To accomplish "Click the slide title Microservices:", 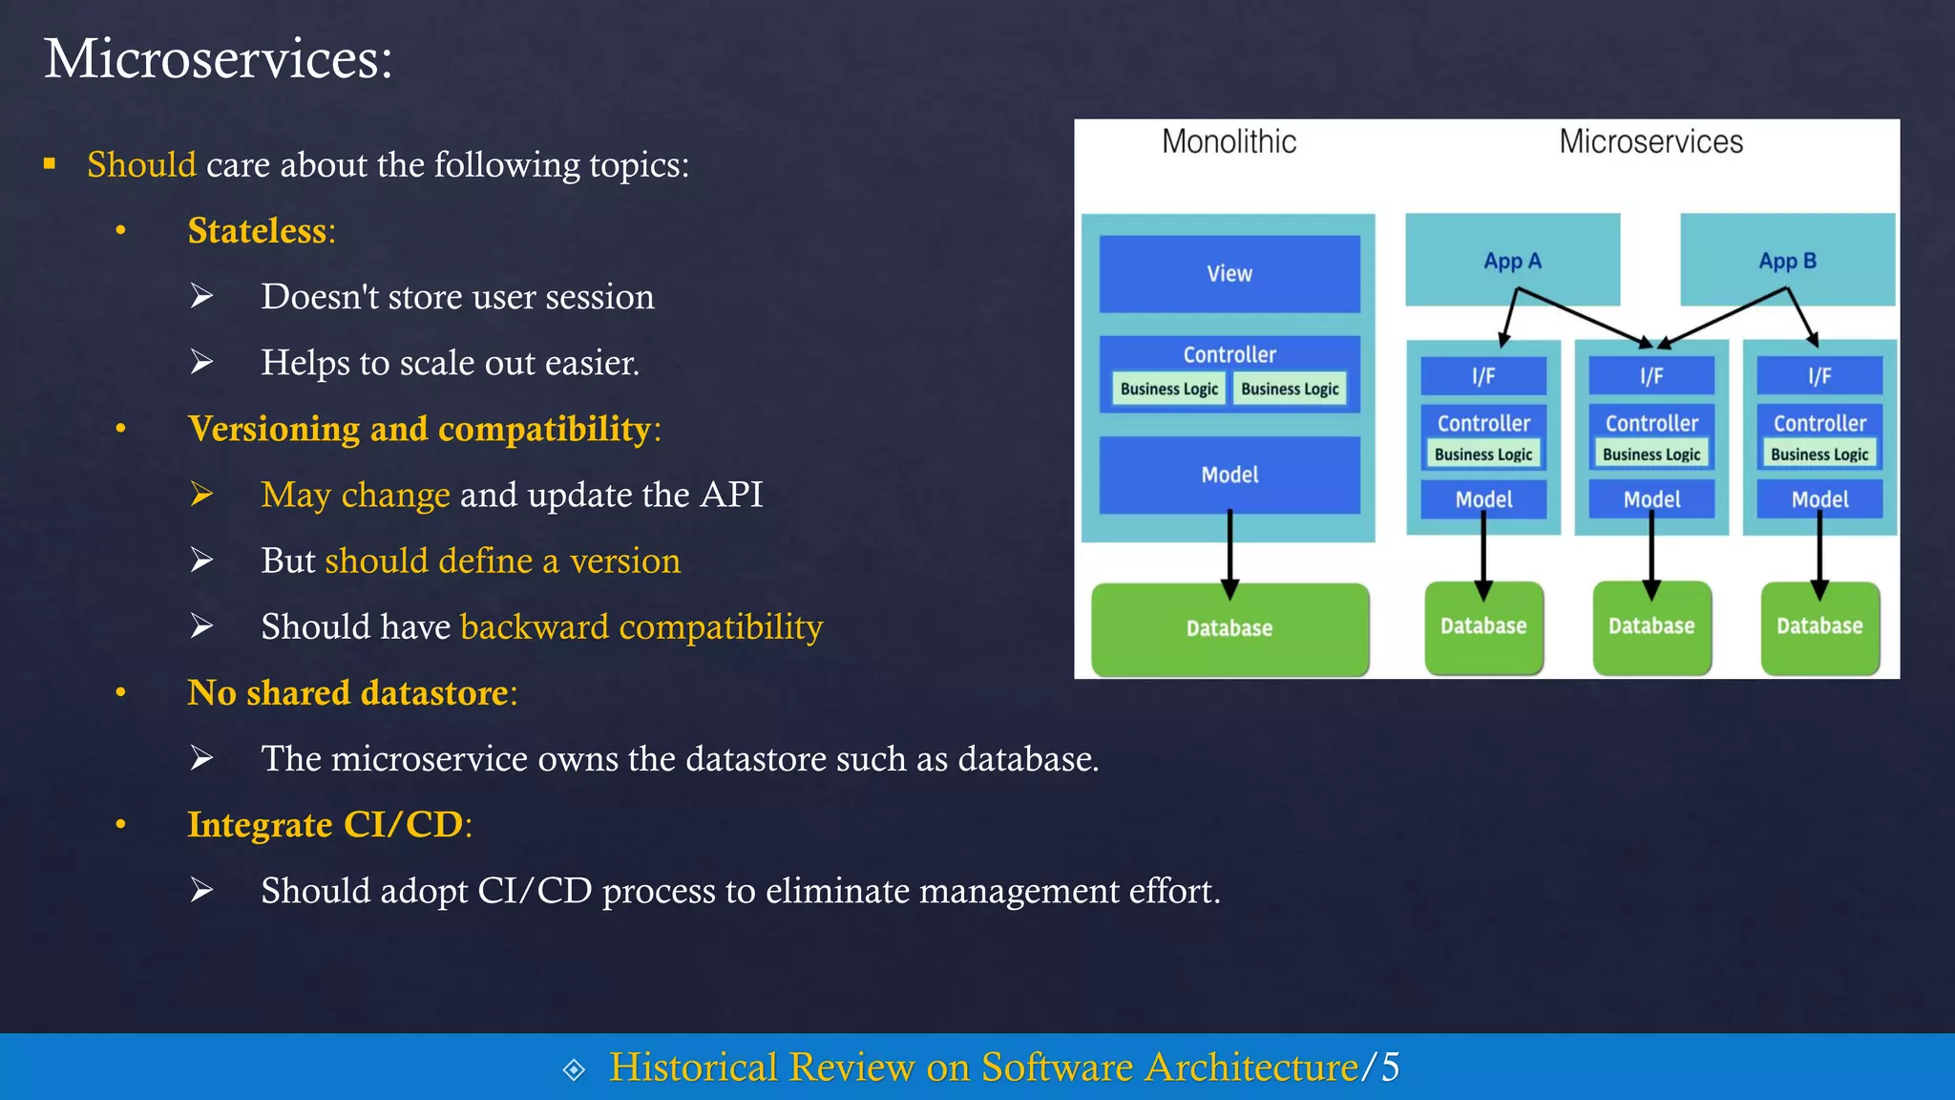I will pyautogui.click(x=218, y=59).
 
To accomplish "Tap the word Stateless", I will pyautogui.click(x=257, y=231).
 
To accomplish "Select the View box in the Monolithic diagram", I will pyautogui.click(x=1229, y=274).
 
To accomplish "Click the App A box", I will pyautogui.click(x=1512, y=261).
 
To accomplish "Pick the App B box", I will pyautogui.click(x=1787, y=261).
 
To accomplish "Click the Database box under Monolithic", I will pyautogui.click(x=1230, y=629).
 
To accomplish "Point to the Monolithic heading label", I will pyautogui.click(x=1229, y=142).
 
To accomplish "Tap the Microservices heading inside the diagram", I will pyautogui.click(x=1650, y=142).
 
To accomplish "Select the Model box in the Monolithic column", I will pyautogui.click(x=1230, y=475).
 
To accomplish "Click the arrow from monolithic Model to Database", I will pyautogui.click(x=1230, y=554).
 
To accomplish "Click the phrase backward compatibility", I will pyautogui.click(x=641, y=627).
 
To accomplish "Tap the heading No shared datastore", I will pyautogui.click(x=347, y=693).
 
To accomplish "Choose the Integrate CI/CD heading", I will pyautogui.click(x=326, y=825).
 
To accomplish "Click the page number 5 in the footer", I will pyautogui.click(x=1391, y=1068).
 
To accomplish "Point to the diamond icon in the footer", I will pyautogui.click(x=574, y=1069).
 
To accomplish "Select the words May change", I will pyautogui.click(x=355, y=496).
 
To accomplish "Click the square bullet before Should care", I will pyautogui.click(x=50, y=164).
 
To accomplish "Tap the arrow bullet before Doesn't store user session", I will pyautogui.click(x=200, y=297).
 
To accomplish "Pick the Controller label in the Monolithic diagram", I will pyautogui.click(x=1230, y=354).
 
